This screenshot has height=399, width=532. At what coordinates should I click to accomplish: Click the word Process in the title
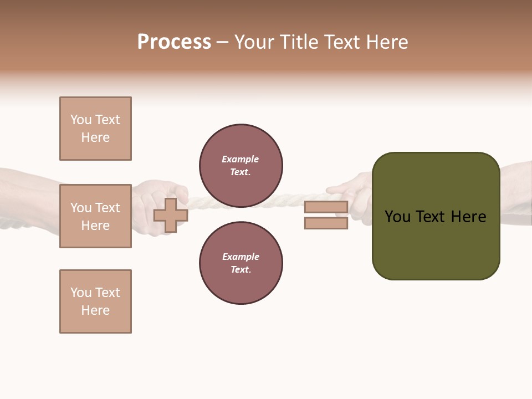[x=174, y=42]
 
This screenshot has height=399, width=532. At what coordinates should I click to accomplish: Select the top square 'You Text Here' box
[x=95, y=129]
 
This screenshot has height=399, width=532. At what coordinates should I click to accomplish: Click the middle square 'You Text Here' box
[x=95, y=216]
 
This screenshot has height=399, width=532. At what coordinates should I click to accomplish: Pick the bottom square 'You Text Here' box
[x=95, y=301]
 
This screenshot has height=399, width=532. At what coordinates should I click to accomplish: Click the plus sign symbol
[x=171, y=216]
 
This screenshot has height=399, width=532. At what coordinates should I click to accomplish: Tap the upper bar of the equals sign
[x=326, y=207]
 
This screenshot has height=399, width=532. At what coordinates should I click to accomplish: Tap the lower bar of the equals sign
[x=326, y=223]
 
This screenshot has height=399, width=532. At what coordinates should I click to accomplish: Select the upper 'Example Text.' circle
[x=241, y=166]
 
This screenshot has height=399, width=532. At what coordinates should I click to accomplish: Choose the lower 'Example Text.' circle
[x=241, y=263]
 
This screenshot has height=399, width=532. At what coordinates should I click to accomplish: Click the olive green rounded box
[x=436, y=244]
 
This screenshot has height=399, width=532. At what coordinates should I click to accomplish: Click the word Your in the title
[x=255, y=42]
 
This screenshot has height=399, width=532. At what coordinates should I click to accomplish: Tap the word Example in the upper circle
[x=240, y=160]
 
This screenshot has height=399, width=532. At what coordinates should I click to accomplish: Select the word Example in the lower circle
[x=241, y=257]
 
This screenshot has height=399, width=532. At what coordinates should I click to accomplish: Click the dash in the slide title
[x=222, y=42]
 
